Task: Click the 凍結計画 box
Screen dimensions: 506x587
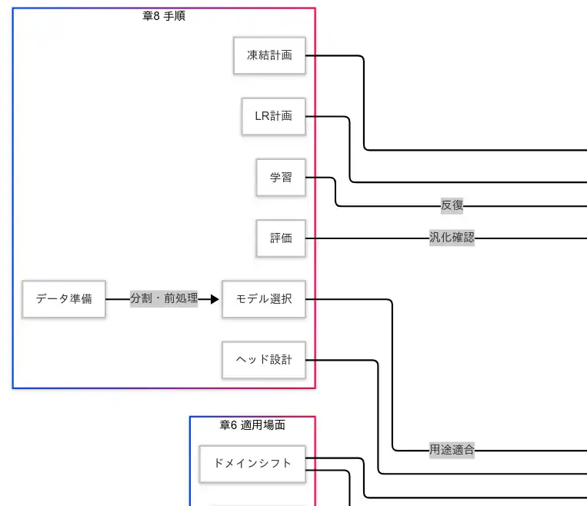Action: click(x=269, y=55)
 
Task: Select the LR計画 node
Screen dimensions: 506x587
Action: click(x=273, y=116)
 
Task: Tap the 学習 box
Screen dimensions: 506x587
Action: click(x=281, y=177)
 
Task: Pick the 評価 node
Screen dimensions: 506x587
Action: click(x=281, y=238)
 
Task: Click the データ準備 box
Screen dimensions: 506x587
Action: click(x=64, y=299)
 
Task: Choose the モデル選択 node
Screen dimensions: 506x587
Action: click(x=263, y=299)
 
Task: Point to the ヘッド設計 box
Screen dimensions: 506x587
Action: click(x=263, y=360)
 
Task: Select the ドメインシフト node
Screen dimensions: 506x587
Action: click(x=252, y=464)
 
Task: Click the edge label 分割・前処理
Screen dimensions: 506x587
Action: click(x=164, y=299)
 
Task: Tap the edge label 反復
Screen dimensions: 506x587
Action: click(x=452, y=205)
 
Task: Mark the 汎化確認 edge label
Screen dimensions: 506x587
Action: click(x=452, y=238)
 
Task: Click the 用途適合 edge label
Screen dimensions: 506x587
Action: click(x=452, y=450)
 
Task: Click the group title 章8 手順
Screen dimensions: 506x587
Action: click(x=164, y=16)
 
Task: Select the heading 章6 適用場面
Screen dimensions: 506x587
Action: click(x=252, y=425)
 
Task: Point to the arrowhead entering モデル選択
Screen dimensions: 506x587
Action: click(x=215, y=299)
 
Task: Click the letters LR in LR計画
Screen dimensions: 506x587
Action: click(x=262, y=116)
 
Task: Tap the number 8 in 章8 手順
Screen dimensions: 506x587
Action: click(x=156, y=16)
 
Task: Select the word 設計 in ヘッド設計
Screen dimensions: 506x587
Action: click(x=282, y=360)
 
